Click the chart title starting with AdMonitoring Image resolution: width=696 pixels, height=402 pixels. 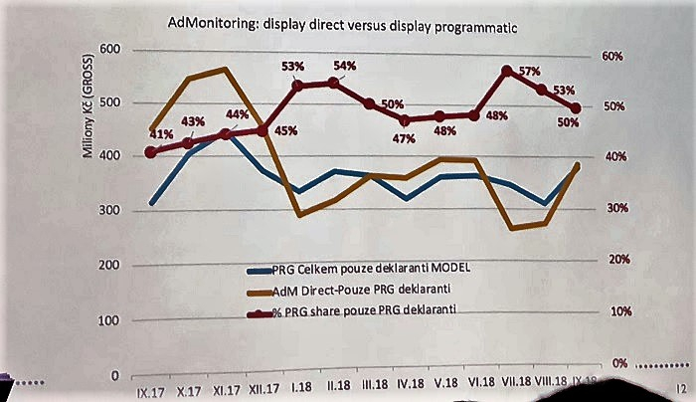[336, 26]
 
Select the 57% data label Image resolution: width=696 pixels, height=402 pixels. [529, 72]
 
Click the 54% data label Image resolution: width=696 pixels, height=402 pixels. [344, 66]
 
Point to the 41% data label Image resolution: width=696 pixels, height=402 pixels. [161, 134]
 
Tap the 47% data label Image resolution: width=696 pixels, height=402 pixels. [404, 139]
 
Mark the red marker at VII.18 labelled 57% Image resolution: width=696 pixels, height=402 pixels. [507, 72]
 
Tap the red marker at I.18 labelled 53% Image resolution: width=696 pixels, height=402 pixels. [297, 86]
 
